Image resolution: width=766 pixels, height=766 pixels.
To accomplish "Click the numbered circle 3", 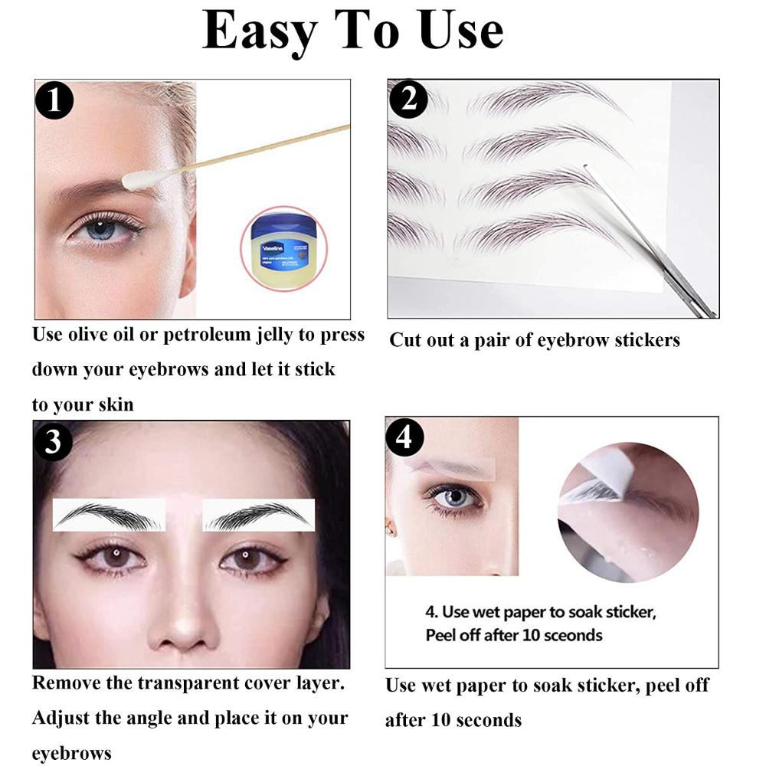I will pyautogui.click(x=53, y=442).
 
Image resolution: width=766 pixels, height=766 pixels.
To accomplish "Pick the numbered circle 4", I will pyautogui.click(x=406, y=437).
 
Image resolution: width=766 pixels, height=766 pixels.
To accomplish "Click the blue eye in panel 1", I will pyautogui.click(x=101, y=229).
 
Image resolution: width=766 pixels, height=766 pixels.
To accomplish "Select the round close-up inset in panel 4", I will pyautogui.click(x=627, y=502).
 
